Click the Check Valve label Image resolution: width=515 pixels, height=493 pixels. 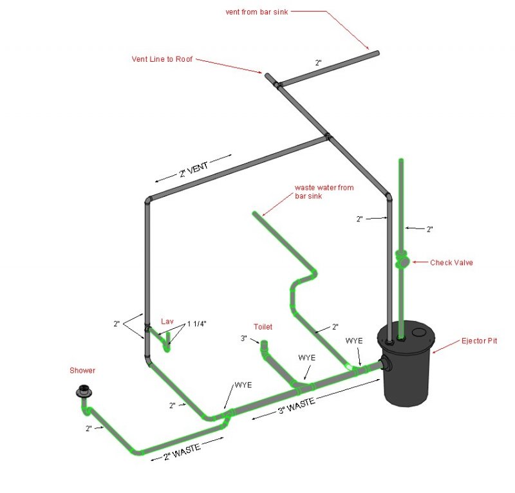pos(451,263)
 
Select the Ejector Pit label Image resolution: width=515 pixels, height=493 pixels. pos(479,340)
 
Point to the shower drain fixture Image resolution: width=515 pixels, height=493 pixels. pos(84,391)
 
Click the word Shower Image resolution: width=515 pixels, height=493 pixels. pos(82,371)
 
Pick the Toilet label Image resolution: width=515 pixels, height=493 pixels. pos(263,327)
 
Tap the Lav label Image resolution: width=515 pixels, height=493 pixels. pos(167,321)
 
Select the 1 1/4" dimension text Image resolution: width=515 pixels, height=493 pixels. pos(197,324)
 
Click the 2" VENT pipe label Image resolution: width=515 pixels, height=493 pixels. pos(194,169)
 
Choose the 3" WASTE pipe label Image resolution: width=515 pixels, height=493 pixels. pos(297,405)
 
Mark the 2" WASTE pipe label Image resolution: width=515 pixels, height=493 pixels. pos(182,452)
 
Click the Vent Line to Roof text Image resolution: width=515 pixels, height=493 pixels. pos(162,59)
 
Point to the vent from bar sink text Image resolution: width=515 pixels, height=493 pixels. pos(257,12)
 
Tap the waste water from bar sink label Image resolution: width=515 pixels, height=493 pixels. pos(324,192)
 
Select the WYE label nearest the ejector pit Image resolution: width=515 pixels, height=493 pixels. pos(354,341)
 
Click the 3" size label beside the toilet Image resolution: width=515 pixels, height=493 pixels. pos(244,339)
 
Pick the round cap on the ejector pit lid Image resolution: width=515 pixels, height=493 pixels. pos(419,332)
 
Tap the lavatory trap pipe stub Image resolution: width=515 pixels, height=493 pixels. pos(168,342)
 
